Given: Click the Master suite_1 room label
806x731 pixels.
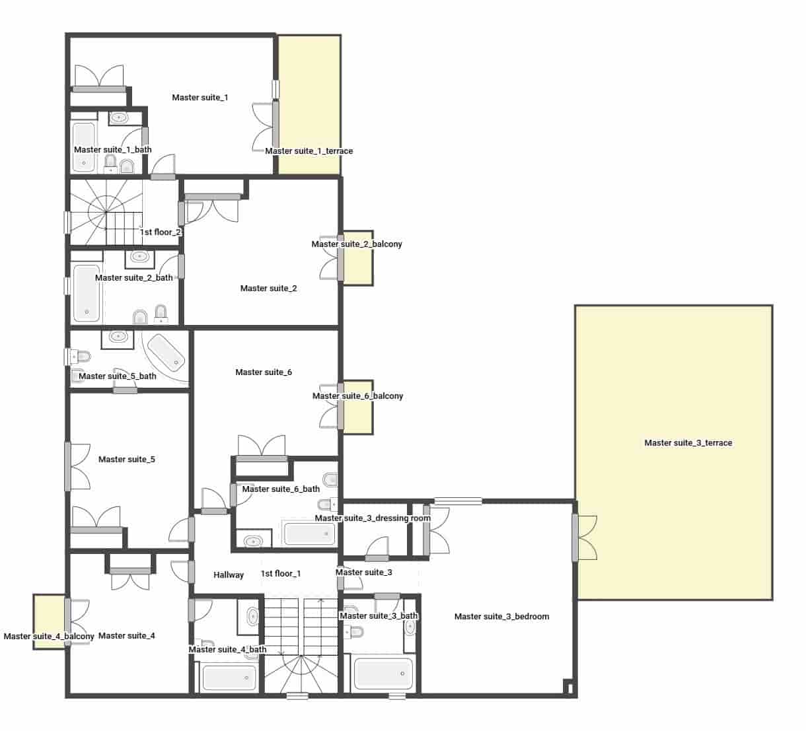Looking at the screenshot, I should pyautogui.click(x=200, y=98).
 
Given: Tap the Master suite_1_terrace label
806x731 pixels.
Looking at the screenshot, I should pyautogui.click(x=309, y=151).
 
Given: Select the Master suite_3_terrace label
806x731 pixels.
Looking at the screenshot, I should pyautogui.click(x=688, y=443).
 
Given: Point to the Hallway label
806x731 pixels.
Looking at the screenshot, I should pyautogui.click(x=229, y=575).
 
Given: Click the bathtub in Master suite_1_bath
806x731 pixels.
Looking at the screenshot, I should pyautogui.click(x=83, y=147).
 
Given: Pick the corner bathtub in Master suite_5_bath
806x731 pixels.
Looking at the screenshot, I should pyautogui.click(x=166, y=351).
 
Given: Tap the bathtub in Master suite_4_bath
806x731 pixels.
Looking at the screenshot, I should pyautogui.click(x=229, y=678).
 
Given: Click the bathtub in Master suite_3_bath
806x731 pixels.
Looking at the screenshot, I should pyautogui.click(x=383, y=674).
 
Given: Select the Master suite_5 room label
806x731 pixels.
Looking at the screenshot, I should pyautogui.click(x=126, y=460).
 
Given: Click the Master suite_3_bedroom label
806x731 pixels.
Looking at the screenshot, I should pyautogui.click(x=501, y=617).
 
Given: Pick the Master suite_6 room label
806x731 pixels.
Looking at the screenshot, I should pyautogui.click(x=263, y=372).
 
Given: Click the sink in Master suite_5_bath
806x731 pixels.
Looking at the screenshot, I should pyautogui.click(x=118, y=337).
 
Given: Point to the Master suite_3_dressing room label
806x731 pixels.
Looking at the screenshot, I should pyautogui.click(x=372, y=518).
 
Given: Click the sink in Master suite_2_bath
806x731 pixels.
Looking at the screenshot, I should pyautogui.click(x=139, y=257).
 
